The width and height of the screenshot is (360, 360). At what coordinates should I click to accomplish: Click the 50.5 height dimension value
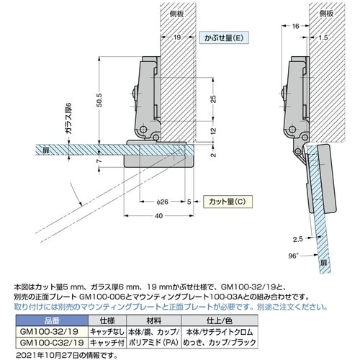point(100,100)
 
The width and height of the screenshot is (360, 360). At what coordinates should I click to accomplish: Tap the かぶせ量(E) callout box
point(224,37)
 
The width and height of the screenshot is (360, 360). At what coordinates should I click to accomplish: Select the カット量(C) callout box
point(228,202)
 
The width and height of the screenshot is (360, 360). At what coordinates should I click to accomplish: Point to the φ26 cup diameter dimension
point(163,202)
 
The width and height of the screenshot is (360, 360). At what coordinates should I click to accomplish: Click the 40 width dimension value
point(158,216)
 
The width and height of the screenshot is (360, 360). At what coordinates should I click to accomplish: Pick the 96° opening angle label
point(293,256)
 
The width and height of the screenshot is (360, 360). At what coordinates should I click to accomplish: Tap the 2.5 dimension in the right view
point(298,239)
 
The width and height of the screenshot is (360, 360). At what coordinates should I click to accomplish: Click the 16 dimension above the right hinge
point(295,26)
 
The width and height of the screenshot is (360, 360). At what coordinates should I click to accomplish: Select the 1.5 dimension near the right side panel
point(323,37)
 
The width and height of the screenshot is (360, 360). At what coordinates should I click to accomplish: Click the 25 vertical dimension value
point(213,99)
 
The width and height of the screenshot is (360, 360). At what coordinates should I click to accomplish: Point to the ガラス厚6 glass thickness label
point(68,119)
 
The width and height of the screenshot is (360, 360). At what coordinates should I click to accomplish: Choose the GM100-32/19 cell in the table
point(49,332)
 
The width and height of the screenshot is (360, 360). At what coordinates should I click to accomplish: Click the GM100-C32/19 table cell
point(52,343)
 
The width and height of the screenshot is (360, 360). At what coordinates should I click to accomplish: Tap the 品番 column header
point(52,320)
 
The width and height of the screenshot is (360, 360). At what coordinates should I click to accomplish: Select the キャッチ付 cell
point(107,343)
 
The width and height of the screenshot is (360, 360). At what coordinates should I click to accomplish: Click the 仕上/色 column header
point(220,320)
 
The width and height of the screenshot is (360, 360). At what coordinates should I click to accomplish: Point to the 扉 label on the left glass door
point(46,150)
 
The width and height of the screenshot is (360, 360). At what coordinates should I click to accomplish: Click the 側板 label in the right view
point(326,14)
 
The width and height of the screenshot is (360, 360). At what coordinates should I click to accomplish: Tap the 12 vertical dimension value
point(213,131)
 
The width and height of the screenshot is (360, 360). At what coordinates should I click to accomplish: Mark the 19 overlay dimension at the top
point(177,37)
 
